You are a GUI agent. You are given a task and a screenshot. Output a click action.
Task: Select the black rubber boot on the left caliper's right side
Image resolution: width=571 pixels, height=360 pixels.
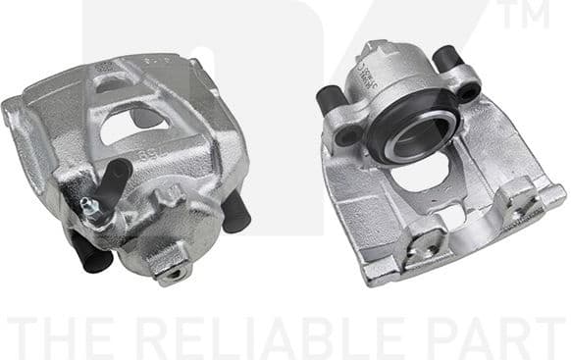[235, 212]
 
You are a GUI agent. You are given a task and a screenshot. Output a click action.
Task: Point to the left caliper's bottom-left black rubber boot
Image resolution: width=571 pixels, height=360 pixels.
[89, 253]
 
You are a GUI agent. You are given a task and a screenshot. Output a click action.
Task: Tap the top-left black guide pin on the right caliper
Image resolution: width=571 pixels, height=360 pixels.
[330, 99]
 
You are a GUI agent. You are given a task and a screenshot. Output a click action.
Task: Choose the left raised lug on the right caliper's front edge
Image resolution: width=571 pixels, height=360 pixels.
[425, 235]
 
